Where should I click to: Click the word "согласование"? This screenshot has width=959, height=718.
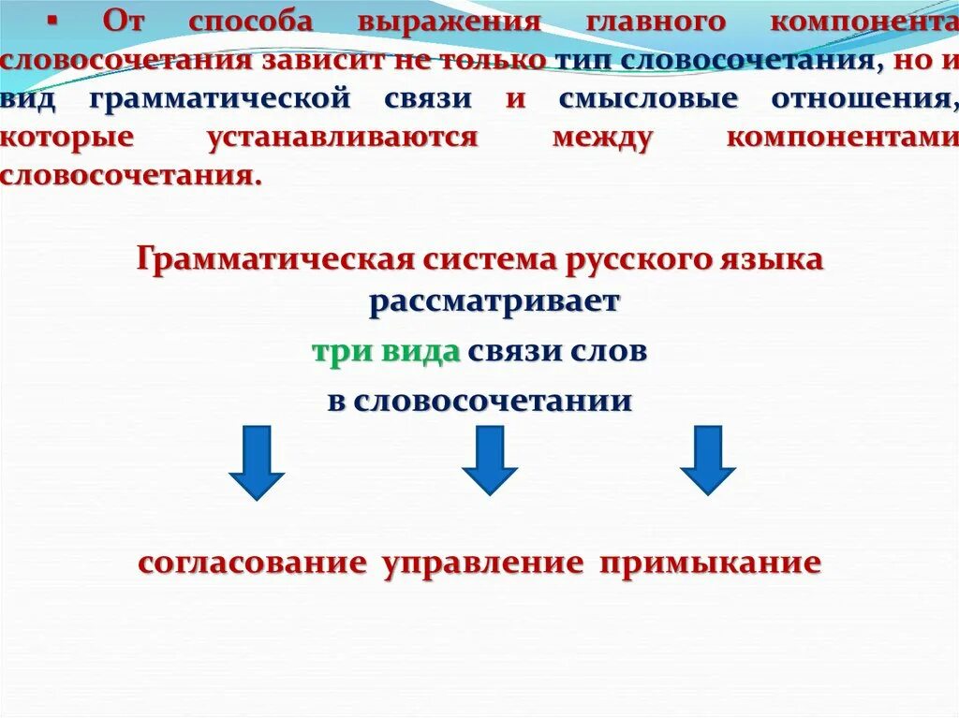(252, 564)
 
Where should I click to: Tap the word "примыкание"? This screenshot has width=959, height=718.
(711, 564)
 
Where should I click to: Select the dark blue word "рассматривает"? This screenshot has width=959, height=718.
(494, 302)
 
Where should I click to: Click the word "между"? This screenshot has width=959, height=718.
(602, 137)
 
